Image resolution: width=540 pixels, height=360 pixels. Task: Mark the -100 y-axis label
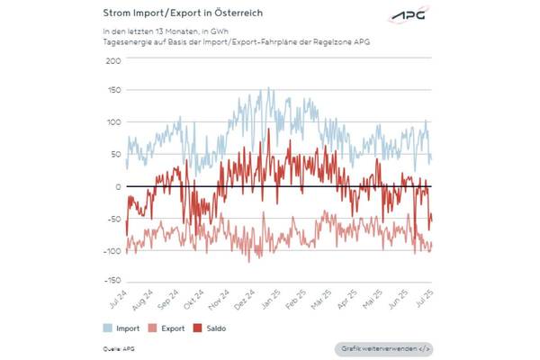[112, 249]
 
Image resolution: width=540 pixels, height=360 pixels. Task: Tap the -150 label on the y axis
[112, 281]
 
